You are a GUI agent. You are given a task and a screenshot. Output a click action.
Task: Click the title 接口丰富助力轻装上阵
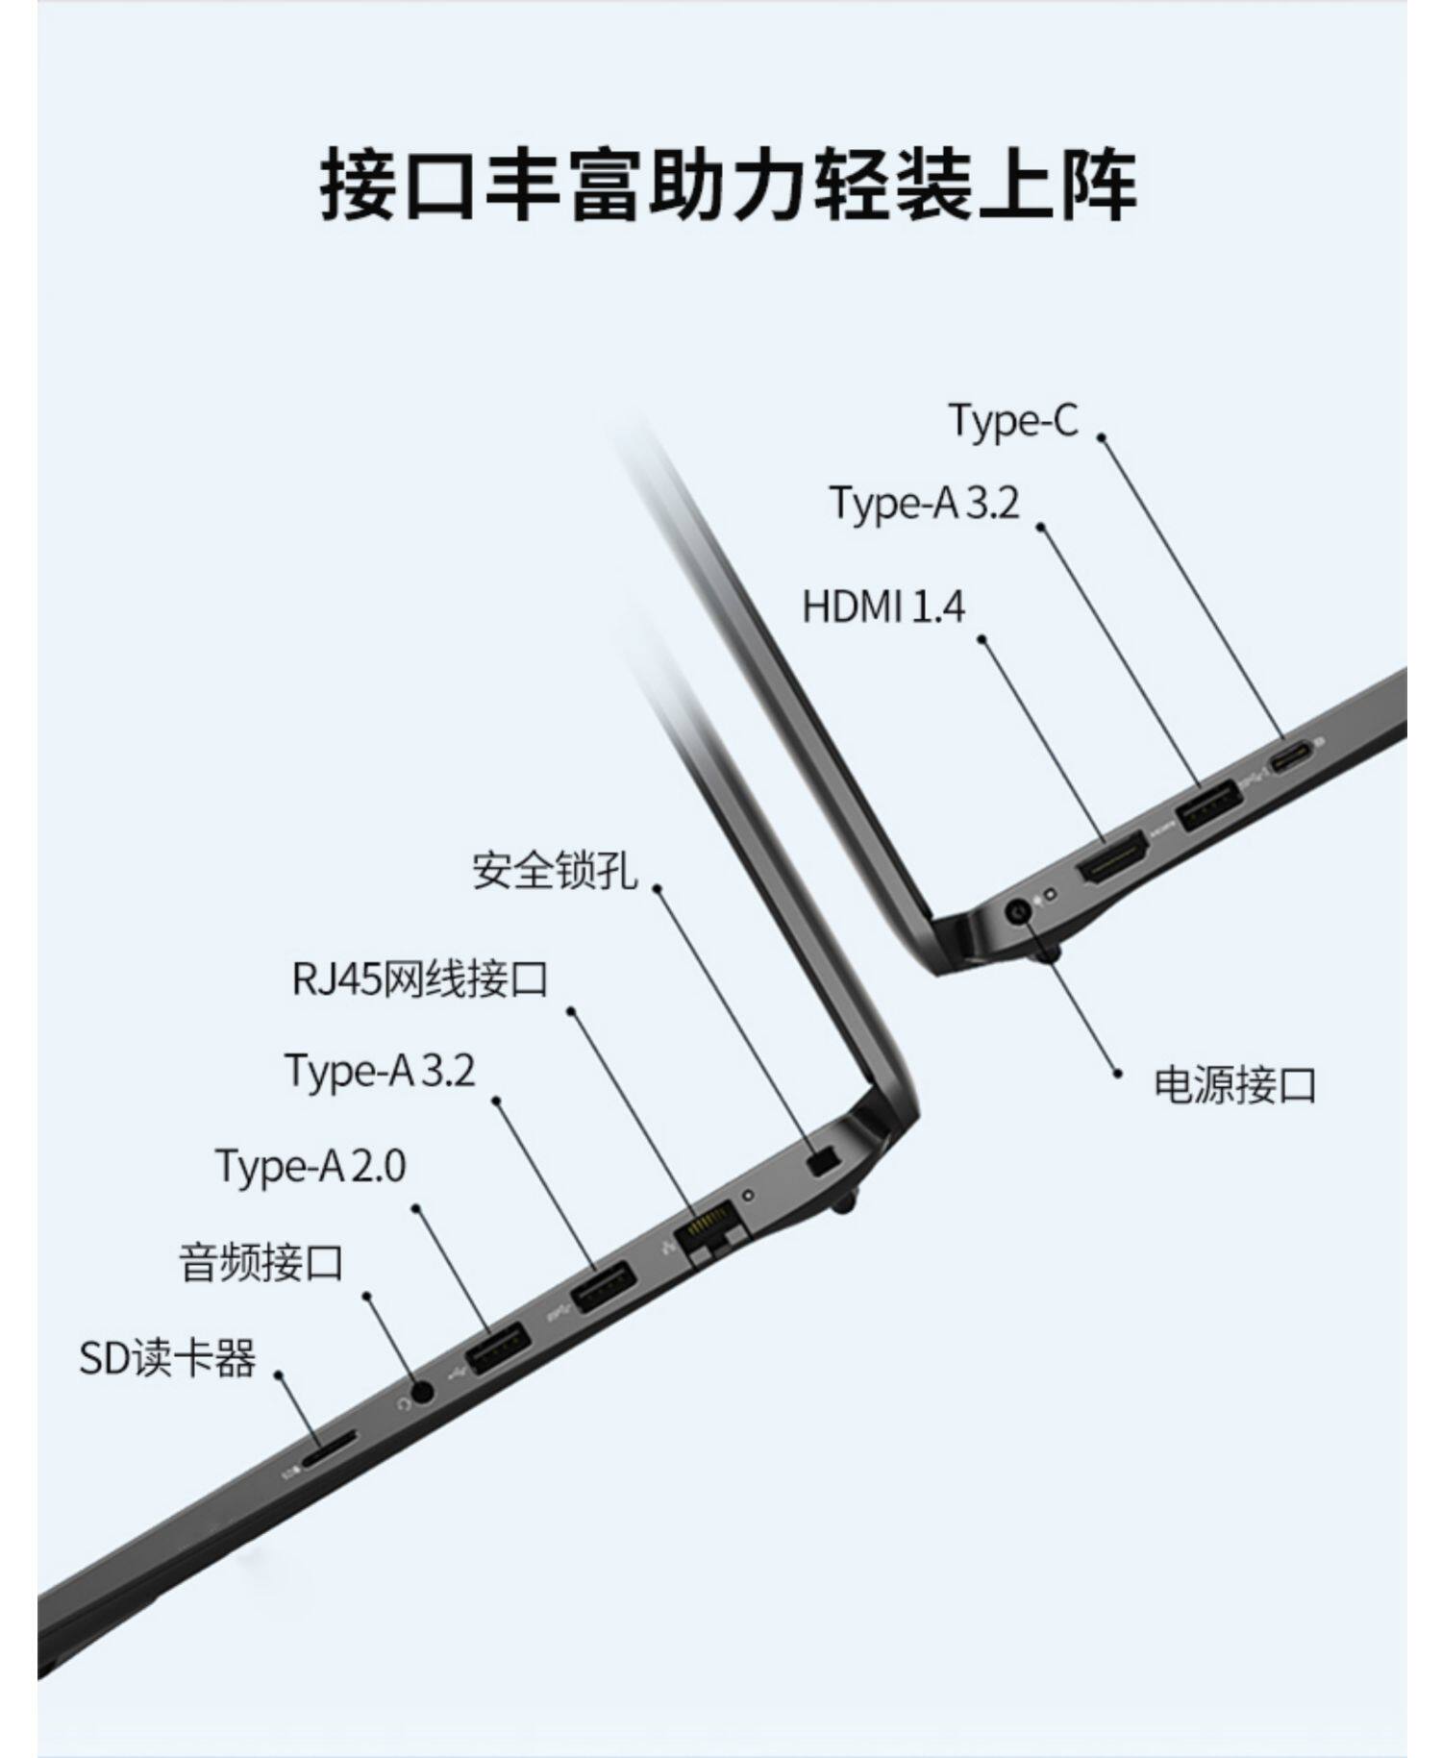[x=728, y=183]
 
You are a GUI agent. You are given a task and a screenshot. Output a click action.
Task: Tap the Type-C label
[x=1013, y=420]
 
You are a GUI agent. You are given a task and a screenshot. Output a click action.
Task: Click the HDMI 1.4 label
[x=883, y=607]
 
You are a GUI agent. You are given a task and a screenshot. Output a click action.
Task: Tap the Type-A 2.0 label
[x=311, y=1165]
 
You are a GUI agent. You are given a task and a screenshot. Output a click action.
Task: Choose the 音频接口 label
[x=261, y=1262]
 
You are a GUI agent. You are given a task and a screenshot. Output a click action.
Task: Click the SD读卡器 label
[x=167, y=1358]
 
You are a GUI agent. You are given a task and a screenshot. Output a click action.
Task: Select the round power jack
[x=1018, y=909]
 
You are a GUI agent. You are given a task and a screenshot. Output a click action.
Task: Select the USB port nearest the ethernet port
[x=603, y=1285]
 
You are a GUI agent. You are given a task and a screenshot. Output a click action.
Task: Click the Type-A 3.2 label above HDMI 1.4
[x=924, y=503]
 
